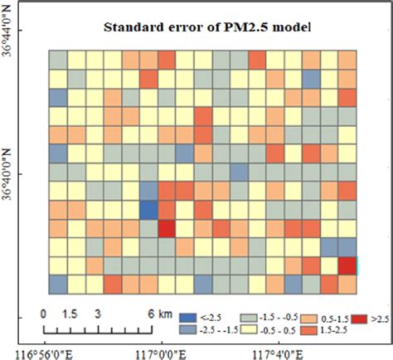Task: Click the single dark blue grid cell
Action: point(148,209)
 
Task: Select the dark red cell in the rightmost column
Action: point(347,266)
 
